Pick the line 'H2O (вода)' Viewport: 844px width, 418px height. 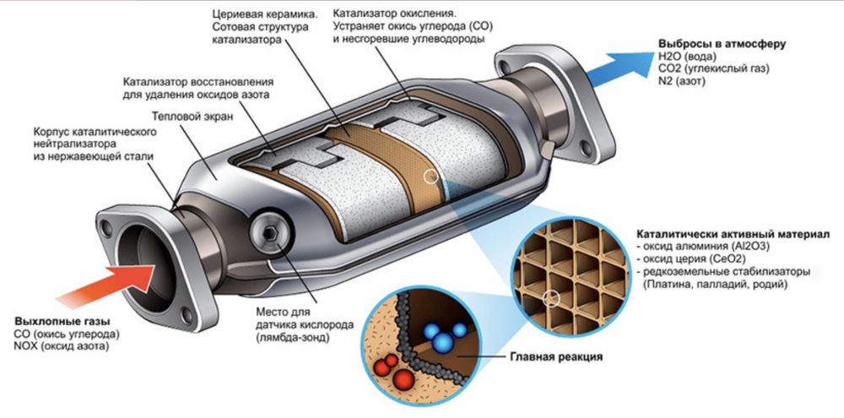pyautogui.click(x=691, y=57)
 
